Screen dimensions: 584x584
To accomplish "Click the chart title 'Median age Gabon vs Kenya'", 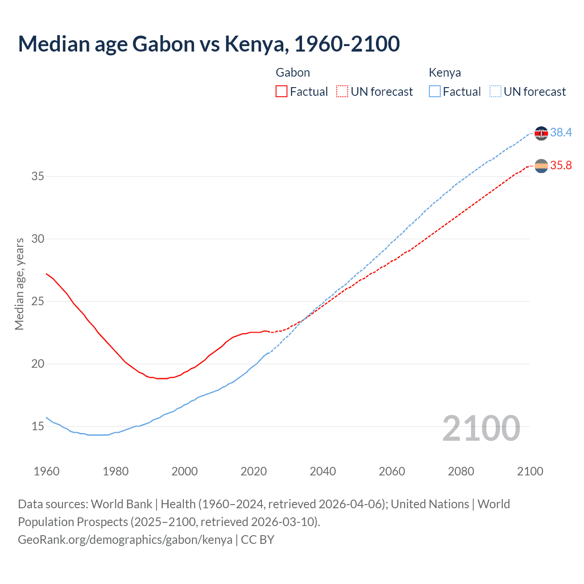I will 209,44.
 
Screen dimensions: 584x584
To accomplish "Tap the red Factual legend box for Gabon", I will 282,92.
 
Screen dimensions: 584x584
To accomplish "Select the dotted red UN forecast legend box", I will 342,92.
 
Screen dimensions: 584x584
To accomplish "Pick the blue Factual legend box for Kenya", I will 435,92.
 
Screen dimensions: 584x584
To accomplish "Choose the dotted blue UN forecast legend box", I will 495,92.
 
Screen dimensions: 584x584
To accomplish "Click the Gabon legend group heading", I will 293,73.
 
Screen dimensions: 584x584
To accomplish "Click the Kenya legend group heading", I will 444,73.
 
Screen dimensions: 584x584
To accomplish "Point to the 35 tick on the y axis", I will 37,176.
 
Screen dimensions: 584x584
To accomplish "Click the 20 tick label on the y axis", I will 37,364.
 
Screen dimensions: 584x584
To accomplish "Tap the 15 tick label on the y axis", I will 37,426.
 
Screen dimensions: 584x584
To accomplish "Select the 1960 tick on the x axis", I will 47,471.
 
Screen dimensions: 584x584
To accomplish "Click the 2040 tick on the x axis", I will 323,471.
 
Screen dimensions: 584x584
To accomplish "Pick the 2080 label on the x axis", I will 461,471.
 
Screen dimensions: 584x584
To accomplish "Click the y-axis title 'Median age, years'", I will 19,284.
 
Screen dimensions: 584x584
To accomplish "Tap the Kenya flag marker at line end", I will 541,133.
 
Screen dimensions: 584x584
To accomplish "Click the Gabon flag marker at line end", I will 541,166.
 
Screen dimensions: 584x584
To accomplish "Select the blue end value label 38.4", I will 561,132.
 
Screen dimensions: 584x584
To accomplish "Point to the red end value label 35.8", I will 561,165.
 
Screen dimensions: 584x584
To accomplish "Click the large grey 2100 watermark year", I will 481,428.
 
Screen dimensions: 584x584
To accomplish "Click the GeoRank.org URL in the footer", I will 125,540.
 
